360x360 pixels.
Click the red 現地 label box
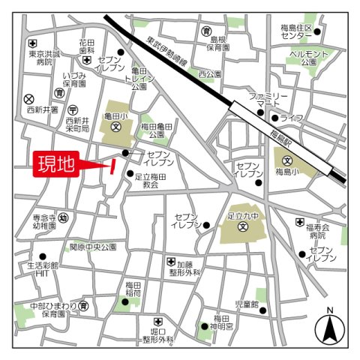(56, 165)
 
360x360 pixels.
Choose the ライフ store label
(292, 118)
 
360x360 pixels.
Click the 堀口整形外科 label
(158, 334)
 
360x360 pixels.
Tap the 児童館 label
(246, 304)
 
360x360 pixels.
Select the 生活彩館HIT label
(43, 270)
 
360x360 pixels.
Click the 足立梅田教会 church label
(152, 178)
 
